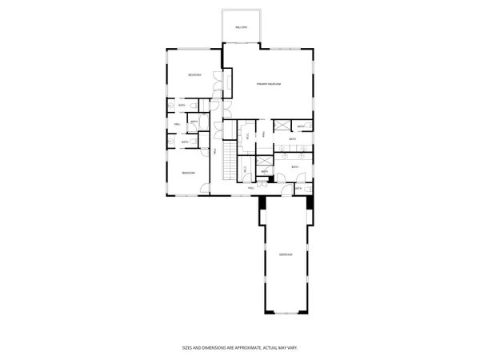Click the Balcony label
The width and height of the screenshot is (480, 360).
242,27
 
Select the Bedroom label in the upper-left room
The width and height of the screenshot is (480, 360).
194,75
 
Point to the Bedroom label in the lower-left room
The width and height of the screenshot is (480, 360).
188,173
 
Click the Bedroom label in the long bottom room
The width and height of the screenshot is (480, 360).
286,254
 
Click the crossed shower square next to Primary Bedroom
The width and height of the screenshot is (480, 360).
282,126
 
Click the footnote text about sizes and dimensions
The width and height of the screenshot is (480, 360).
240,348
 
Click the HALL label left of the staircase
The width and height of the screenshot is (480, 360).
215,151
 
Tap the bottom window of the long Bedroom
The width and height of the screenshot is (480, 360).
286,310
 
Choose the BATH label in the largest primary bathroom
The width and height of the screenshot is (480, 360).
294,167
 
